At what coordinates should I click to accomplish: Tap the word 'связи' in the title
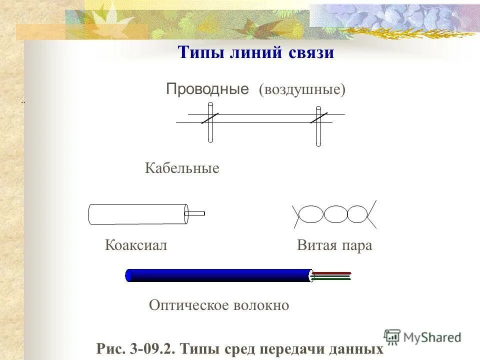311,52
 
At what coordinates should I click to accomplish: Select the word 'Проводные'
207,89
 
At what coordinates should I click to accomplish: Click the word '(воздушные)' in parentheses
302,90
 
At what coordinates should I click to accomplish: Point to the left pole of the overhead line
210,122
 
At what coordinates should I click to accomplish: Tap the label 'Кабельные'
182,168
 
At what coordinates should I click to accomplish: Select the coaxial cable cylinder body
137,214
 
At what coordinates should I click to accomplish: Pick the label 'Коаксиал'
136,245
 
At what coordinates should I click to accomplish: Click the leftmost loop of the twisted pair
311,214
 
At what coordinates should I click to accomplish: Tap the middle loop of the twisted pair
335,214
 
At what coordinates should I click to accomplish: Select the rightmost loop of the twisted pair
357,214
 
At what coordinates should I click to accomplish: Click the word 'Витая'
315,245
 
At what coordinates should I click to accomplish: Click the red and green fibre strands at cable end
332,275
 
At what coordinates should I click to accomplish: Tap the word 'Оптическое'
188,305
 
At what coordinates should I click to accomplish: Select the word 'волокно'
260,305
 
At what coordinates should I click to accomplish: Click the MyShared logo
422,337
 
